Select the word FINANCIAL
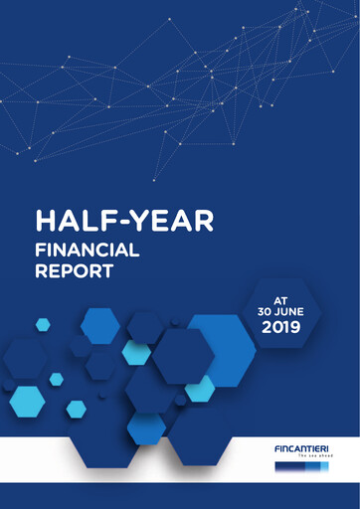(x=87, y=250)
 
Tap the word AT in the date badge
(x=280, y=297)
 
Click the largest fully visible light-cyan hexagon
(x=27, y=402)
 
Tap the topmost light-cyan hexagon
(x=43, y=324)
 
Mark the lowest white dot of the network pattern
(x=153, y=180)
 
